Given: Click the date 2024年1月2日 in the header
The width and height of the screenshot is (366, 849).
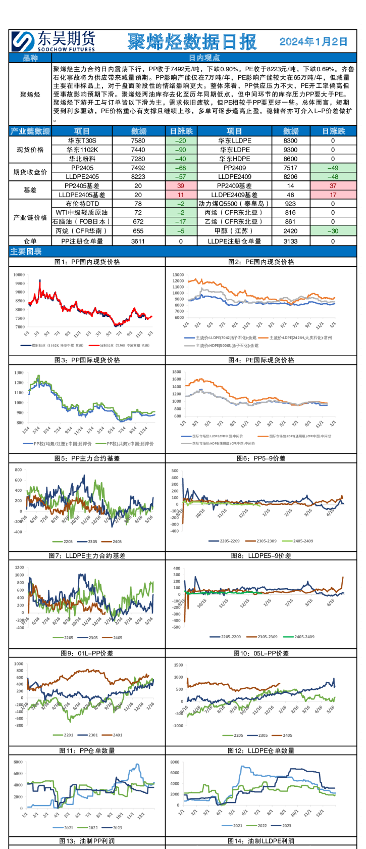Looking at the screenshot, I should tap(313, 41).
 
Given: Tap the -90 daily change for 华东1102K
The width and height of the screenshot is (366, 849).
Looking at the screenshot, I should tap(181, 150).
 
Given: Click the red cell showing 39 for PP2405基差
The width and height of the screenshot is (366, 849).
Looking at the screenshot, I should tap(181, 186).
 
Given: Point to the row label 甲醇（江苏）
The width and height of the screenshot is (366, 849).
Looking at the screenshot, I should tap(234, 231).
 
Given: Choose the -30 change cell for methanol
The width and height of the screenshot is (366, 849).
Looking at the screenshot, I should tap(333, 231).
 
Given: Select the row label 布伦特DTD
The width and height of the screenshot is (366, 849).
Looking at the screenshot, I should tap(82, 204).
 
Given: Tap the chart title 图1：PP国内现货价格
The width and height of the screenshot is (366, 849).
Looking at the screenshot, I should tap(87, 262).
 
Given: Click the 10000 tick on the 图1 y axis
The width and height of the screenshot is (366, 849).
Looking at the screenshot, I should tap(19, 275).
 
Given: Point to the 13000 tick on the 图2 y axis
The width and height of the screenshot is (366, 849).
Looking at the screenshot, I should tap(178, 275).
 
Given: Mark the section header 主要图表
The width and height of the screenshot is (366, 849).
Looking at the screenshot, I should tap(26, 252).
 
